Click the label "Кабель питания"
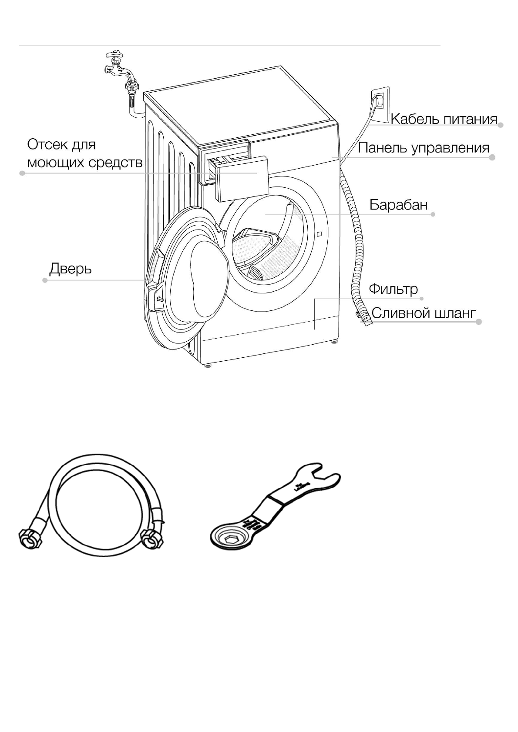click(444, 119)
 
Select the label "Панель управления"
click(424, 148)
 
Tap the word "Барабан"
click(398, 205)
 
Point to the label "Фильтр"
click(393, 289)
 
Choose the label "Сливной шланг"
click(424, 313)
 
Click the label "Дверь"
click(71, 269)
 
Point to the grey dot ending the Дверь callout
click(45, 280)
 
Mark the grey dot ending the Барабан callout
click(433, 214)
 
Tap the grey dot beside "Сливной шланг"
click(479, 322)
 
